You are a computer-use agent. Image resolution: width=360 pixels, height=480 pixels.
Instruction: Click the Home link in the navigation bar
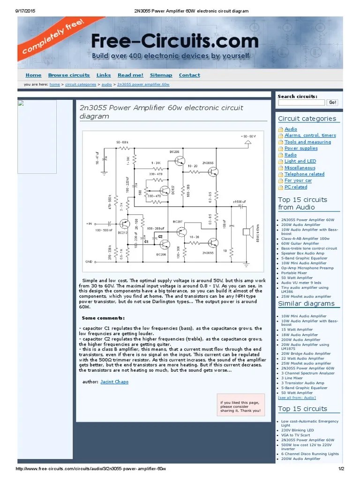[33, 75]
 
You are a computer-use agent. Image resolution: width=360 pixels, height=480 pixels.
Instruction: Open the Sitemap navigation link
[161, 75]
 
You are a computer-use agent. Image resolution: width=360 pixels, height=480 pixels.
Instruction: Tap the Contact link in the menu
[189, 75]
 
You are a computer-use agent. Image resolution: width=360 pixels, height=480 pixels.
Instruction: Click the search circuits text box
[301, 102]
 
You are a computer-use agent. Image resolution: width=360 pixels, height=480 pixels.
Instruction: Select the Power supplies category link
[300, 148]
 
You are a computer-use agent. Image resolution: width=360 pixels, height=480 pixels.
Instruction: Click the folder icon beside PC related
[281, 187]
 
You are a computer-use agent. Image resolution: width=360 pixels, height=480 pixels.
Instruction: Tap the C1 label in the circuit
[146, 241]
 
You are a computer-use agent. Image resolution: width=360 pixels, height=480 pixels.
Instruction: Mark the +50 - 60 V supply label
[249, 136]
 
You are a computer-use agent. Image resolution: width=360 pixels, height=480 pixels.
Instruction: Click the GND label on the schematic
[89, 261]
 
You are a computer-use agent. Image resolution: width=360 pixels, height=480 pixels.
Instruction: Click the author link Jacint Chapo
[114, 382]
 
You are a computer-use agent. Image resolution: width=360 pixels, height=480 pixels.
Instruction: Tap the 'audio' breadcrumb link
[106, 84]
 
